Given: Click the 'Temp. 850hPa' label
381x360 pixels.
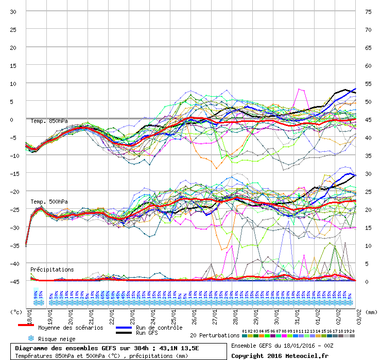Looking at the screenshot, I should (x=49, y=121).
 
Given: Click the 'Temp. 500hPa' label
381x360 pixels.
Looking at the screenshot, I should (x=49, y=202).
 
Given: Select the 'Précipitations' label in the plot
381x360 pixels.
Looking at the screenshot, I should (x=52, y=269).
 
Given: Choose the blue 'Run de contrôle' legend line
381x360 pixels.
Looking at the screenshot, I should (x=124, y=328).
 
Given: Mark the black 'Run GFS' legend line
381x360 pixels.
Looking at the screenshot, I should (x=124, y=333).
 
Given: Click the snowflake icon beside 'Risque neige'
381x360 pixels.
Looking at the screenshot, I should (x=30, y=338).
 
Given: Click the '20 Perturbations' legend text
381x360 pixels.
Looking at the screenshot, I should (x=215, y=335).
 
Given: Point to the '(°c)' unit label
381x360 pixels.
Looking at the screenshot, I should (x=16, y=311).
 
